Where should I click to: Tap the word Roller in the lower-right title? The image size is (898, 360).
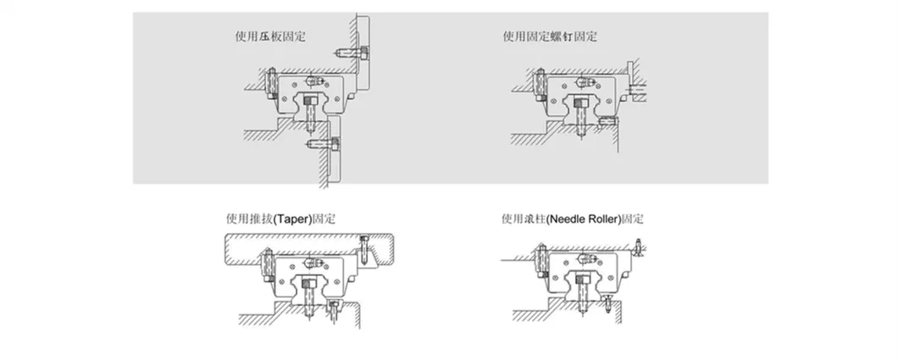(602, 219)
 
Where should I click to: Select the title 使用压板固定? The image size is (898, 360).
(270, 37)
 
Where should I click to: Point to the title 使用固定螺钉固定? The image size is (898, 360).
(550, 37)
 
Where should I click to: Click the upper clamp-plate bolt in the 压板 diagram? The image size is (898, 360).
(352, 53)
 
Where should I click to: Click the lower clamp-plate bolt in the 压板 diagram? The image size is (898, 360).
(323, 143)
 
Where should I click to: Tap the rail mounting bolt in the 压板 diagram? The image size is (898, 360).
(310, 114)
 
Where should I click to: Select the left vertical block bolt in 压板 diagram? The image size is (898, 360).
(273, 84)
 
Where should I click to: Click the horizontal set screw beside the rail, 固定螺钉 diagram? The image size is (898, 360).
(607, 121)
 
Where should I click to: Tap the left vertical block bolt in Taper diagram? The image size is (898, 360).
(268, 265)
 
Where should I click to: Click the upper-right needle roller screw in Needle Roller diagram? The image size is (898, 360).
(638, 249)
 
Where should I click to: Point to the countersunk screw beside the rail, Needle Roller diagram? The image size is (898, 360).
(608, 304)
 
